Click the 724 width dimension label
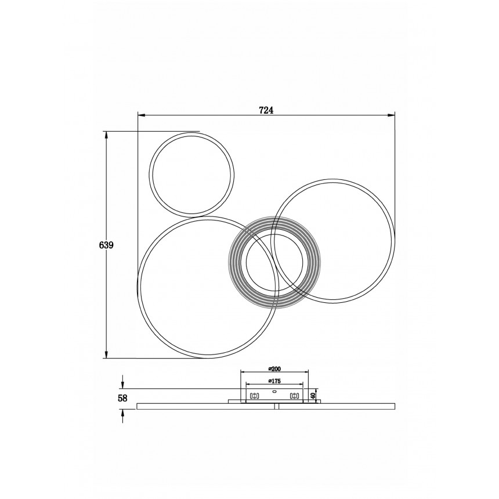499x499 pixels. coord(266,110)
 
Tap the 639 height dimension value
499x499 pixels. coord(106,245)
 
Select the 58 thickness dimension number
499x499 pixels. coord(122,398)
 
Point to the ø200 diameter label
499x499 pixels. coord(274,369)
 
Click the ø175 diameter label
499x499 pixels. coord(274,381)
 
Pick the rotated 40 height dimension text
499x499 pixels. coord(313,396)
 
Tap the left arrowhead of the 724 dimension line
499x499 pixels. coord(142,115)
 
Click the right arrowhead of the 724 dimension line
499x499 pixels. coord(391,115)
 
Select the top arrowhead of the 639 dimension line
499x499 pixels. coord(106,135)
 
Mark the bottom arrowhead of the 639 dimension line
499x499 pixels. coord(106,354)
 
